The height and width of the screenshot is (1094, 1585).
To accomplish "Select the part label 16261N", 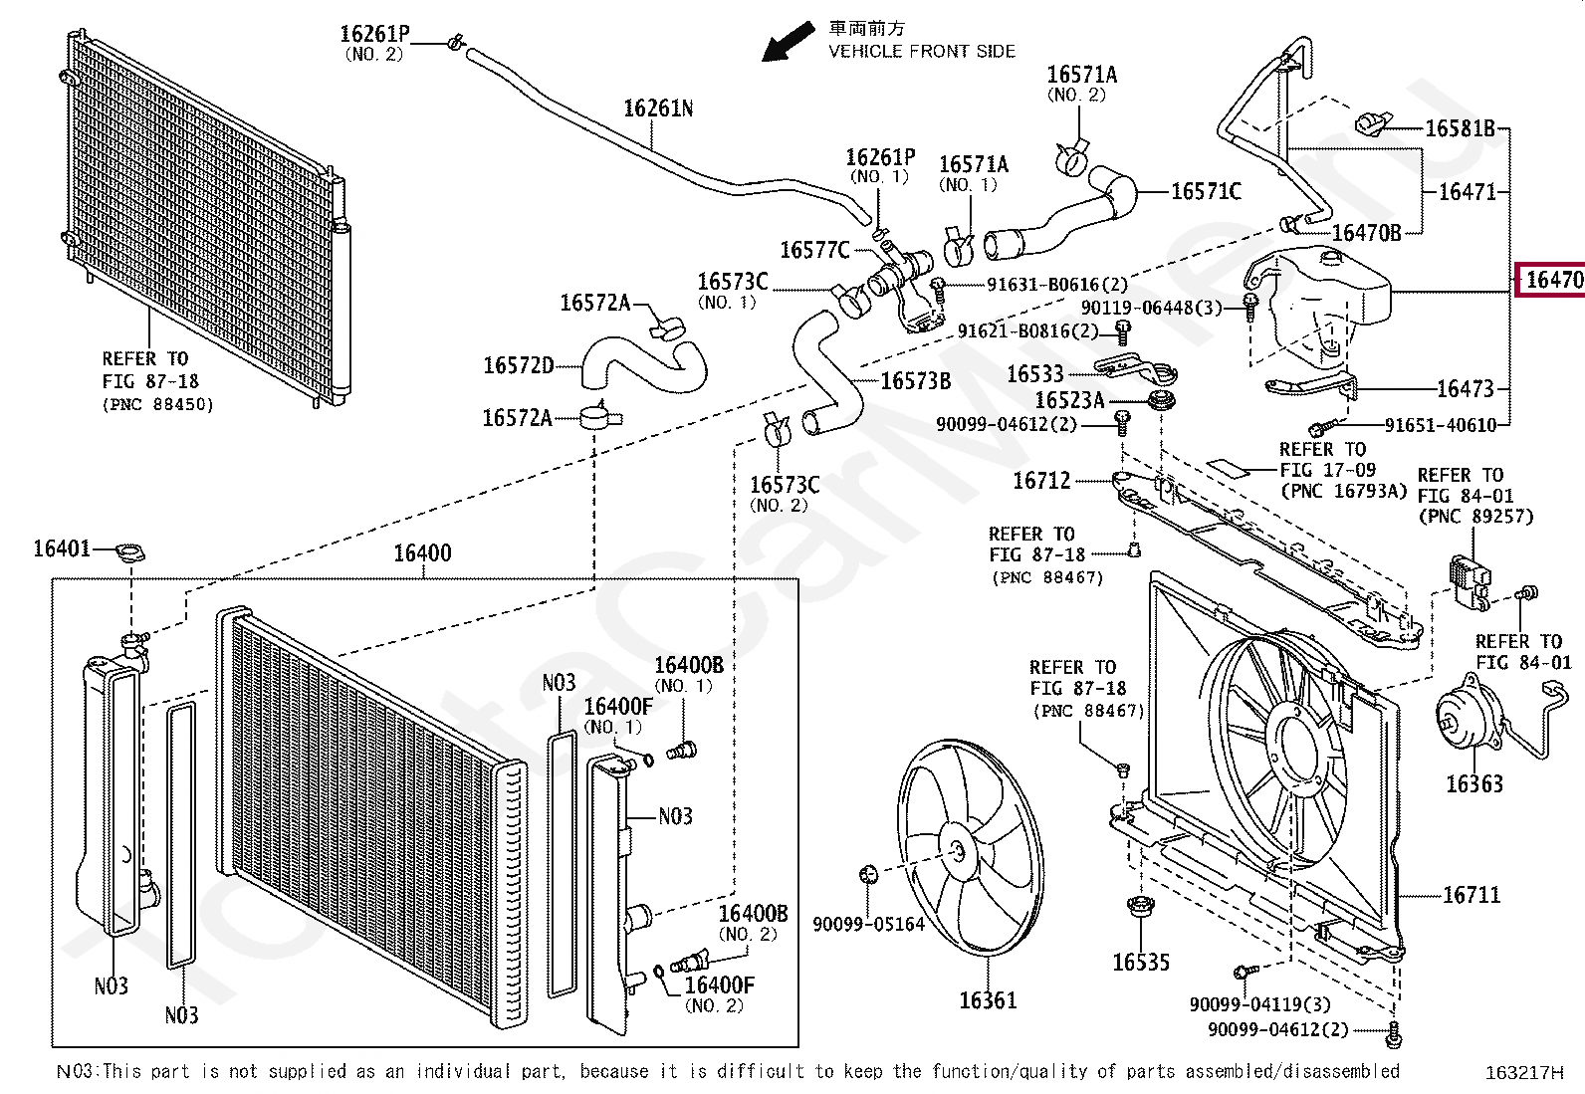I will (x=658, y=109).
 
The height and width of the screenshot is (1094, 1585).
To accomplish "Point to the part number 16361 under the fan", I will (x=988, y=999).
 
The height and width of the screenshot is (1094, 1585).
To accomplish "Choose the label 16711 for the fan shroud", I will (x=1471, y=895).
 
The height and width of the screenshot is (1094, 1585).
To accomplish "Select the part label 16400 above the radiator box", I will (x=422, y=553).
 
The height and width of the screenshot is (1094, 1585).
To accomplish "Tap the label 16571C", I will (x=1206, y=191).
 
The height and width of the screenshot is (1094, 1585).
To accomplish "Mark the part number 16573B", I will (x=916, y=381).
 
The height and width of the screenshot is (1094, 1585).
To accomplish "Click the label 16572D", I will (x=519, y=365).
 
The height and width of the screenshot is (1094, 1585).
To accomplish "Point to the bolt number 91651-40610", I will (x=1440, y=426).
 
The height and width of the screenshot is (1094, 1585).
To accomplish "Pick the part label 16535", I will (x=1141, y=962).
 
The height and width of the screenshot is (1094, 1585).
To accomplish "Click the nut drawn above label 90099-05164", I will (x=867, y=875).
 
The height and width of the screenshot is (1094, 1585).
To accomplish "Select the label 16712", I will (x=1041, y=481).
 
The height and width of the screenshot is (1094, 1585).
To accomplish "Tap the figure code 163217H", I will (x=1524, y=1072).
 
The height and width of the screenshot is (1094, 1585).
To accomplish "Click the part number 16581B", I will (x=1460, y=128).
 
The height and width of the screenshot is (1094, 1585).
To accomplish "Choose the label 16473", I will (x=1465, y=388).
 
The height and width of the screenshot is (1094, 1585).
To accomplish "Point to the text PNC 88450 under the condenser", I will (x=157, y=404).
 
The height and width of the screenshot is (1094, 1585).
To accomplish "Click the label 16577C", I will (x=814, y=250).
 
